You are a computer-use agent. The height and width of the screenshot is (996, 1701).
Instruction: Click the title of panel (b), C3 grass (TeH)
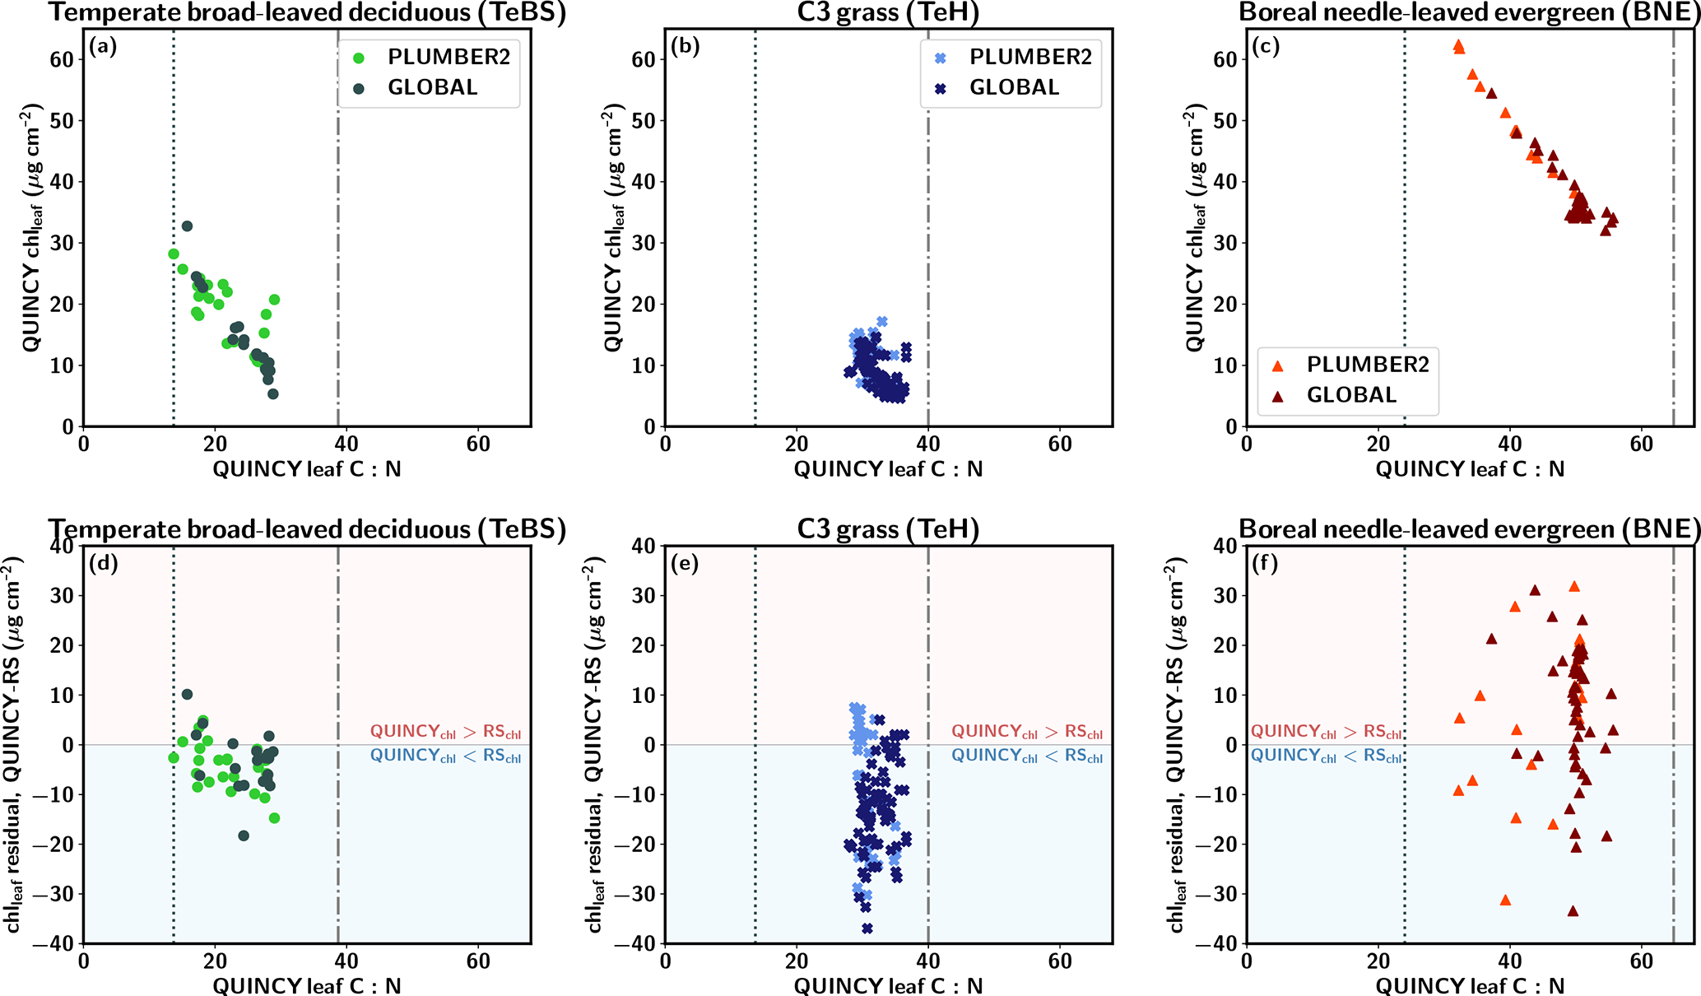(888, 13)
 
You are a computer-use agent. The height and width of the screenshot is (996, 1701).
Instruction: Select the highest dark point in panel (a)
(187, 226)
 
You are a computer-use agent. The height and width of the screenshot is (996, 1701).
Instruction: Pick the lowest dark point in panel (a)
(273, 394)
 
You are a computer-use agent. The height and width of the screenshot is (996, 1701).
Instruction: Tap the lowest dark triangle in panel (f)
(1573, 911)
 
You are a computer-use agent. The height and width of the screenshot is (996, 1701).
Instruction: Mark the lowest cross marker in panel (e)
(867, 929)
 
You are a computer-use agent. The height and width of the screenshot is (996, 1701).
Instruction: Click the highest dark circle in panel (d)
(187, 695)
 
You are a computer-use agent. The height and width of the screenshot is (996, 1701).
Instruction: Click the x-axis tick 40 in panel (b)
(928, 444)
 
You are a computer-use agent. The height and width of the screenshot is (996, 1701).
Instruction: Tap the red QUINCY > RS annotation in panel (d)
(445, 732)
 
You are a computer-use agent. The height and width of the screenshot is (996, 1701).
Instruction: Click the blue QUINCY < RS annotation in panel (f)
(1326, 756)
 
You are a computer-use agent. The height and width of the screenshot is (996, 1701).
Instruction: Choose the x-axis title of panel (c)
(1470, 469)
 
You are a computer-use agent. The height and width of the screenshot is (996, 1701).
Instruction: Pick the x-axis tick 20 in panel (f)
(1378, 961)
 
